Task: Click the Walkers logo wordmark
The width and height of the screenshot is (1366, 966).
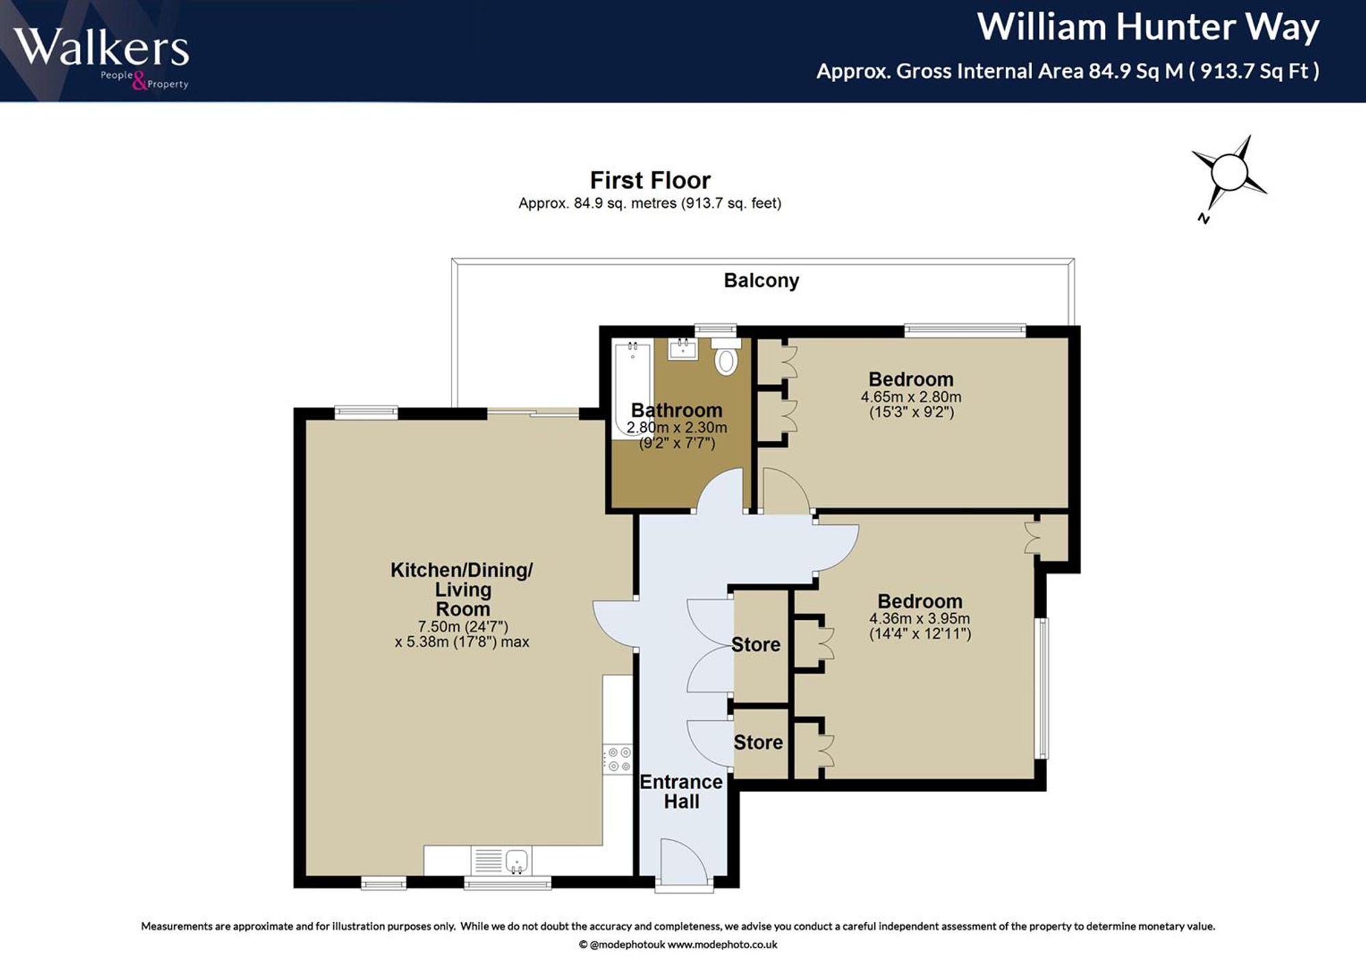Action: coord(101,48)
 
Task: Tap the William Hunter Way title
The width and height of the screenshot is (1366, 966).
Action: coord(1148,27)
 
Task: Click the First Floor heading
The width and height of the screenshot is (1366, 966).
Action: coord(650,180)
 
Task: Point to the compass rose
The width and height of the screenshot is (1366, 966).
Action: coord(1229,175)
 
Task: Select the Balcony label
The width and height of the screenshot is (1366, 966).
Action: coord(762,281)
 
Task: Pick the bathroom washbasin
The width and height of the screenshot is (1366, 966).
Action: coord(683,350)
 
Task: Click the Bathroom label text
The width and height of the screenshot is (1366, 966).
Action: coord(677,410)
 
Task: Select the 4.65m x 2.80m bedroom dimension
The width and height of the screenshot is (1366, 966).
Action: coord(911,397)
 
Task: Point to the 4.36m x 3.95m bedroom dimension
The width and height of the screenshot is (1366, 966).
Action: coord(919,619)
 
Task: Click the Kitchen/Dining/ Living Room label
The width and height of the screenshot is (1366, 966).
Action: coord(462,589)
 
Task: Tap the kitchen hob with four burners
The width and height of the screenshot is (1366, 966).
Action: coord(617,760)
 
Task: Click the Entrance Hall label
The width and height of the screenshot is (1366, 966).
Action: coord(681,791)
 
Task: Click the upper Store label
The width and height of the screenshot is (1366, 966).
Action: coord(756,644)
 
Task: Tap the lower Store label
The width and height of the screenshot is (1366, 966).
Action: coord(758,742)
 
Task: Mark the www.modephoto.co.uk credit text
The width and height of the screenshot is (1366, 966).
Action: coord(722,945)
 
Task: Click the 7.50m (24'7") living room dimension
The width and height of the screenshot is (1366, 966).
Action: coord(463,627)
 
